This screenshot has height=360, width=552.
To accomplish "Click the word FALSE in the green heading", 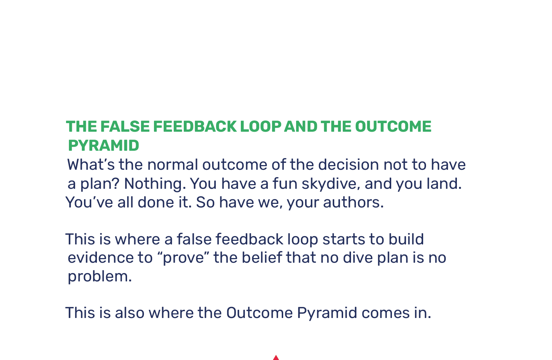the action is [125, 126].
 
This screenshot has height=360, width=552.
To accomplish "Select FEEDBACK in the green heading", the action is [195, 126].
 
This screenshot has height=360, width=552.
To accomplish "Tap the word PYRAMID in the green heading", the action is [103, 145].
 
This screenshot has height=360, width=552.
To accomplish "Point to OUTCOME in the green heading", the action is [393, 126].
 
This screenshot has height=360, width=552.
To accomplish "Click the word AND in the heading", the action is [301, 126].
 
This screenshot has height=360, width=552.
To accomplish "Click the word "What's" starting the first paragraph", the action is [91, 164].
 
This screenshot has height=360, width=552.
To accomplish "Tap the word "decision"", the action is [348, 164].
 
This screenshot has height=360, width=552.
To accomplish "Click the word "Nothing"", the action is [155, 183].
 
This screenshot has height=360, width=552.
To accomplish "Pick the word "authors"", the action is [354, 202].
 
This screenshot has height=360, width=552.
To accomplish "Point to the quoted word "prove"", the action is [183, 258].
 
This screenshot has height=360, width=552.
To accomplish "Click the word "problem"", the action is [100, 276].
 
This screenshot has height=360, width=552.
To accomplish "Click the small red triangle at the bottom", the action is [276, 358].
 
